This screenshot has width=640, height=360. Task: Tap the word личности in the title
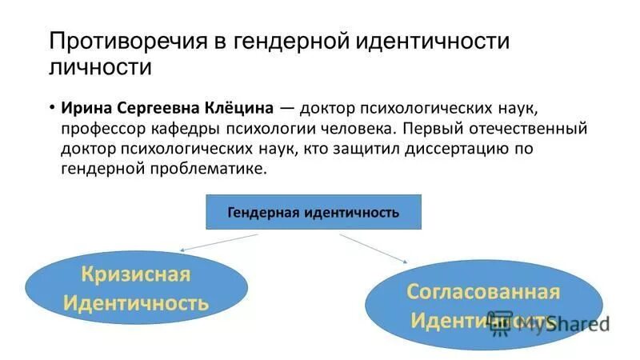tap(100, 66)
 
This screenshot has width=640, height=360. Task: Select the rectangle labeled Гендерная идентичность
tap(314, 213)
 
